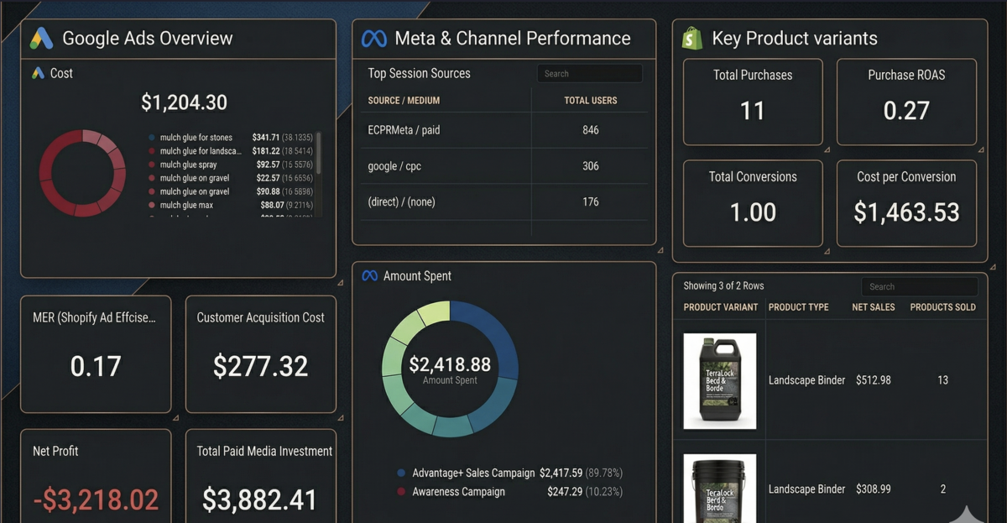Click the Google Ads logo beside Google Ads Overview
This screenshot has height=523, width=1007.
point(42,39)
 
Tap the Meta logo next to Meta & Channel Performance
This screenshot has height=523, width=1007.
point(373,39)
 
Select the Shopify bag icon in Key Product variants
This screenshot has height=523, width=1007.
point(691,39)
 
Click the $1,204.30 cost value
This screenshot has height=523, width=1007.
point(184,102)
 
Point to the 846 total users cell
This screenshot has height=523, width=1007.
point(590,130)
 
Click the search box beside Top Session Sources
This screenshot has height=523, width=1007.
point(589,74)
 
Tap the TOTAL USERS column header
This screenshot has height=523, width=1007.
point(590,101)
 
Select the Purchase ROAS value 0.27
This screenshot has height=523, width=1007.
point(906,110)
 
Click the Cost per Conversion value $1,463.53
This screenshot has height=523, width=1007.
point(906,212)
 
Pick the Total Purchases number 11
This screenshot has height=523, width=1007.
point(752,110)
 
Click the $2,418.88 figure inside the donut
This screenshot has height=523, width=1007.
point(450,364)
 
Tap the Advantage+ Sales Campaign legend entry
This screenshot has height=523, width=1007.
point(473,473)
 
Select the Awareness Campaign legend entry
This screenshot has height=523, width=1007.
point(458,492)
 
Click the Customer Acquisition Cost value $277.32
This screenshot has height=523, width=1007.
point(260,366)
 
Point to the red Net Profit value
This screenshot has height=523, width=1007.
point(96,500)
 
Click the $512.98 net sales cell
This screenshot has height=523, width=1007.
point(873,380)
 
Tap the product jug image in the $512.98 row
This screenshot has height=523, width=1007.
point(719,380)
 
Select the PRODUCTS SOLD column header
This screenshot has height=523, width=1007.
point(942,307)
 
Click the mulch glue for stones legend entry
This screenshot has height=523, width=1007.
point(196,138)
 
